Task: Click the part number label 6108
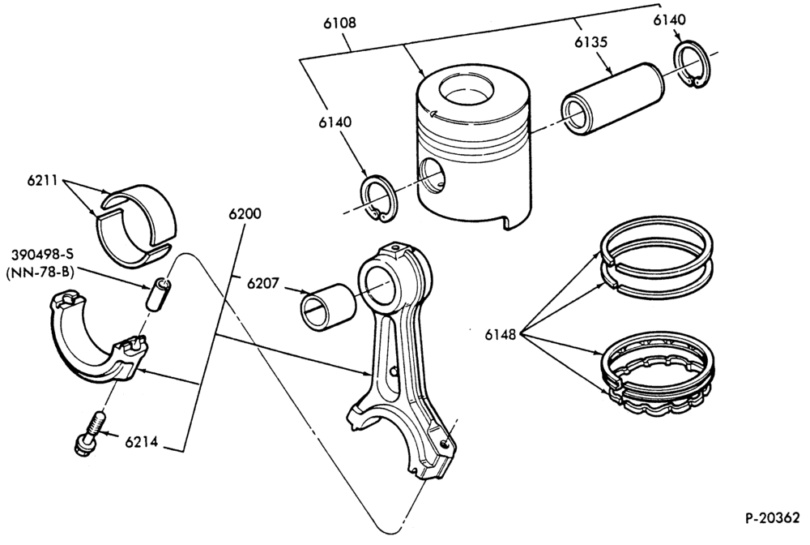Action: [340, 24]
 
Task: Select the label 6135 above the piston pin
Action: [591, 42]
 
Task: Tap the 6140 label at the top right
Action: [670, 19]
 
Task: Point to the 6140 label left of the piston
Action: [335, 122]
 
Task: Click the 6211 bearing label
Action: [44, 181]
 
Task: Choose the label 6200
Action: [245, 213]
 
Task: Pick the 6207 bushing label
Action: [263, 283]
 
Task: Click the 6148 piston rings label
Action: [501, 335]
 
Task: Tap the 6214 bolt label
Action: [141, 443]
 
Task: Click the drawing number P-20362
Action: [773, 517]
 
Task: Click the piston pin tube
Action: [612, 96]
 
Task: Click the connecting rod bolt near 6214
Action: [91, 433]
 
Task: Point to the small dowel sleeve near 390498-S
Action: [157, 294]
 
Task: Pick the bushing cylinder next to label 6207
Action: [328, 307]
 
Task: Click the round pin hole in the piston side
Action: [433, 178]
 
